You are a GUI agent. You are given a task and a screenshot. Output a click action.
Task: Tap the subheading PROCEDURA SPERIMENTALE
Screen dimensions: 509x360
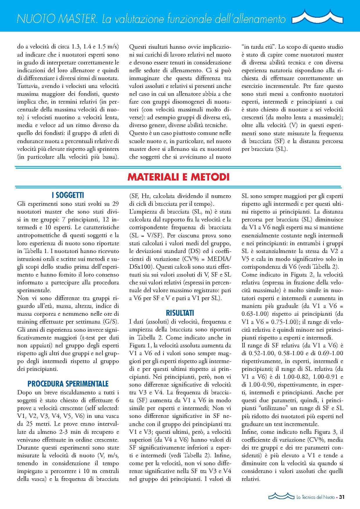(x=68, y=384)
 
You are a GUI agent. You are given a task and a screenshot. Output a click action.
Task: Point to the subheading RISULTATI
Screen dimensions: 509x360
(x=180, y=313)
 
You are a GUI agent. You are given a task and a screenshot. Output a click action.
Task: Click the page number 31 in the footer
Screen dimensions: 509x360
(x=341, y=497)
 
